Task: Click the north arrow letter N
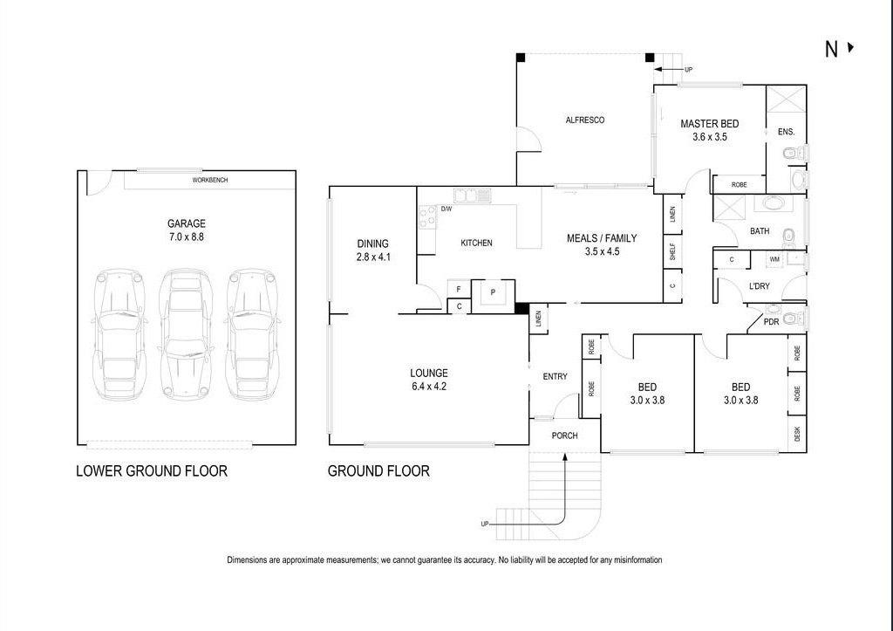(832, 50)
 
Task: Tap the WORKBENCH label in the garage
(210, 181)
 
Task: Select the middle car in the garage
(185, 334)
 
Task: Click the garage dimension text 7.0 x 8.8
(186, 237)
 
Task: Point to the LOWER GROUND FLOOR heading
(152, 471)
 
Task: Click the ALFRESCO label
(584, 120)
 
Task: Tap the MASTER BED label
(709, 124)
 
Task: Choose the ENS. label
(786, 133)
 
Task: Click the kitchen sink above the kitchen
(471, 195)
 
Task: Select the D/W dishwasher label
(446, 209)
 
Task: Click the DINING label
(372, 244)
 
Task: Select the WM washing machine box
(774, 259)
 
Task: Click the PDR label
(771, 322)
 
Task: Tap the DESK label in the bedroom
(797, 434)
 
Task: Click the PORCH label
(563, 436)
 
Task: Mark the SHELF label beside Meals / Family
(672, 251)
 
